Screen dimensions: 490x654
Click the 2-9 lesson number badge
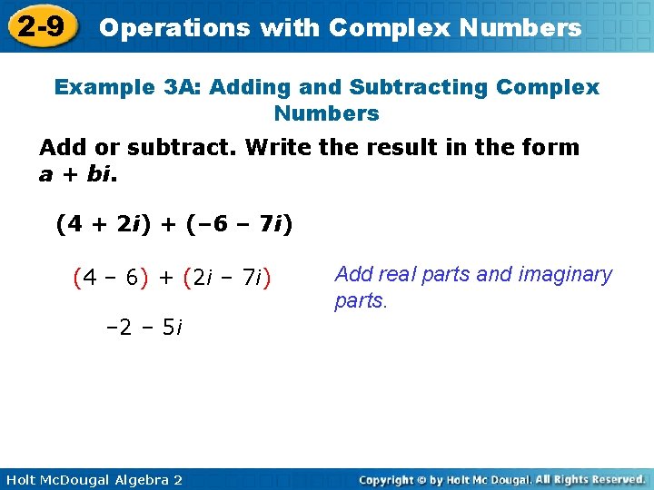[x=42, y=27]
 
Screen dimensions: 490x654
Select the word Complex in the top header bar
[x=381, y=28]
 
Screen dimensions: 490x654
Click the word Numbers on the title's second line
[x=326, y=113]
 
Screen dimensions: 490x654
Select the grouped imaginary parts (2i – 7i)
[x=233, y=278]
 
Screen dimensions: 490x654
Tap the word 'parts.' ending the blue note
[x=361, y=300]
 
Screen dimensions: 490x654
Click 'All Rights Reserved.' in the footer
[x=590, y=479]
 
